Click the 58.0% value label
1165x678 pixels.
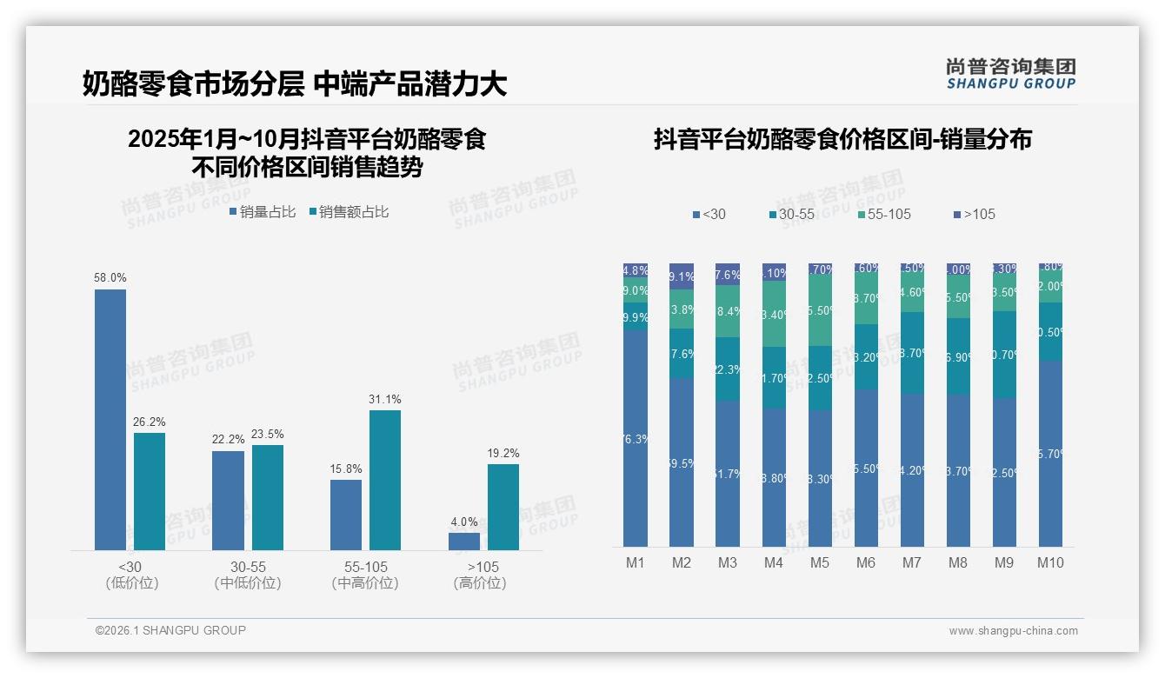tap(110, 278)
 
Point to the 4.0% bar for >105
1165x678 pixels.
tap(464, 542)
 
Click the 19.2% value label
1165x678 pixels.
tap(503, 453)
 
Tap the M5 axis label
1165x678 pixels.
tap(820, 562)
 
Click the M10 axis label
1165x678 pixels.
tap(1050, 562)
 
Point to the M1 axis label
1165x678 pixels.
tap(636, 562)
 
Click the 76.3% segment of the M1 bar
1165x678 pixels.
tap(636, 439)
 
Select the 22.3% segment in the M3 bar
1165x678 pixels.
tap(728, 369)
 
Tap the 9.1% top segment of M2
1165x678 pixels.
tap(682, 276)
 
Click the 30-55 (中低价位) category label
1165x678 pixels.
tap(248, 575)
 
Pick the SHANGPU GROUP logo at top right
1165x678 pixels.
tap(1010, 74)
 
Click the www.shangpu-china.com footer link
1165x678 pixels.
tap(1013, 631)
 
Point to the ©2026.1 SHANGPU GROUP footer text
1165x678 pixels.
tap(170, 630)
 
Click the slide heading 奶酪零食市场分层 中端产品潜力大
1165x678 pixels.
tap(295, 84)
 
